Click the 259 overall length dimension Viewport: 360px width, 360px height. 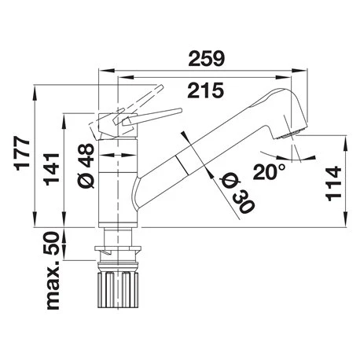[x=207, y=58]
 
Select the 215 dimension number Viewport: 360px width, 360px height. [x=206, y=90]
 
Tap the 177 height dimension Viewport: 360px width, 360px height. [x=23, y=153]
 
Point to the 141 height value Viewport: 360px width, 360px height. [x=51, y=169]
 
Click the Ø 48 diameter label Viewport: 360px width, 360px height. [x=86, y=166]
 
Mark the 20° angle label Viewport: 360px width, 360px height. [x=269, y=171]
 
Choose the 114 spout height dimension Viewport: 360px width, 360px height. [x=333, y=183]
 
